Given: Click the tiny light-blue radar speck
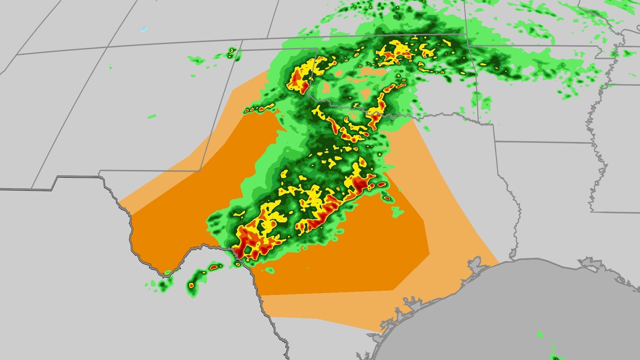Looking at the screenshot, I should pyautogui.click(x=143, y=29).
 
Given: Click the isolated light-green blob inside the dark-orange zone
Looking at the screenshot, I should pyautogui.click(x=397, y=212).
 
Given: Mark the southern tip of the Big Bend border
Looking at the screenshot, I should pyautogui.click(x=166, y=275).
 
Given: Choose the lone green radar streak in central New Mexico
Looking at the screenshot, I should pyautogui.click(x=152, y=116).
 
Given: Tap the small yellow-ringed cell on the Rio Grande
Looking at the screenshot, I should pyautogui.click(x=238, y=264).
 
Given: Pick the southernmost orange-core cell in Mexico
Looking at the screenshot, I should pyautogui.click(x=191, y=285).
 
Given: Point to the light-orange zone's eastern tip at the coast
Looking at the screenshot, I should pyautogui.click(x=498, y=262).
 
